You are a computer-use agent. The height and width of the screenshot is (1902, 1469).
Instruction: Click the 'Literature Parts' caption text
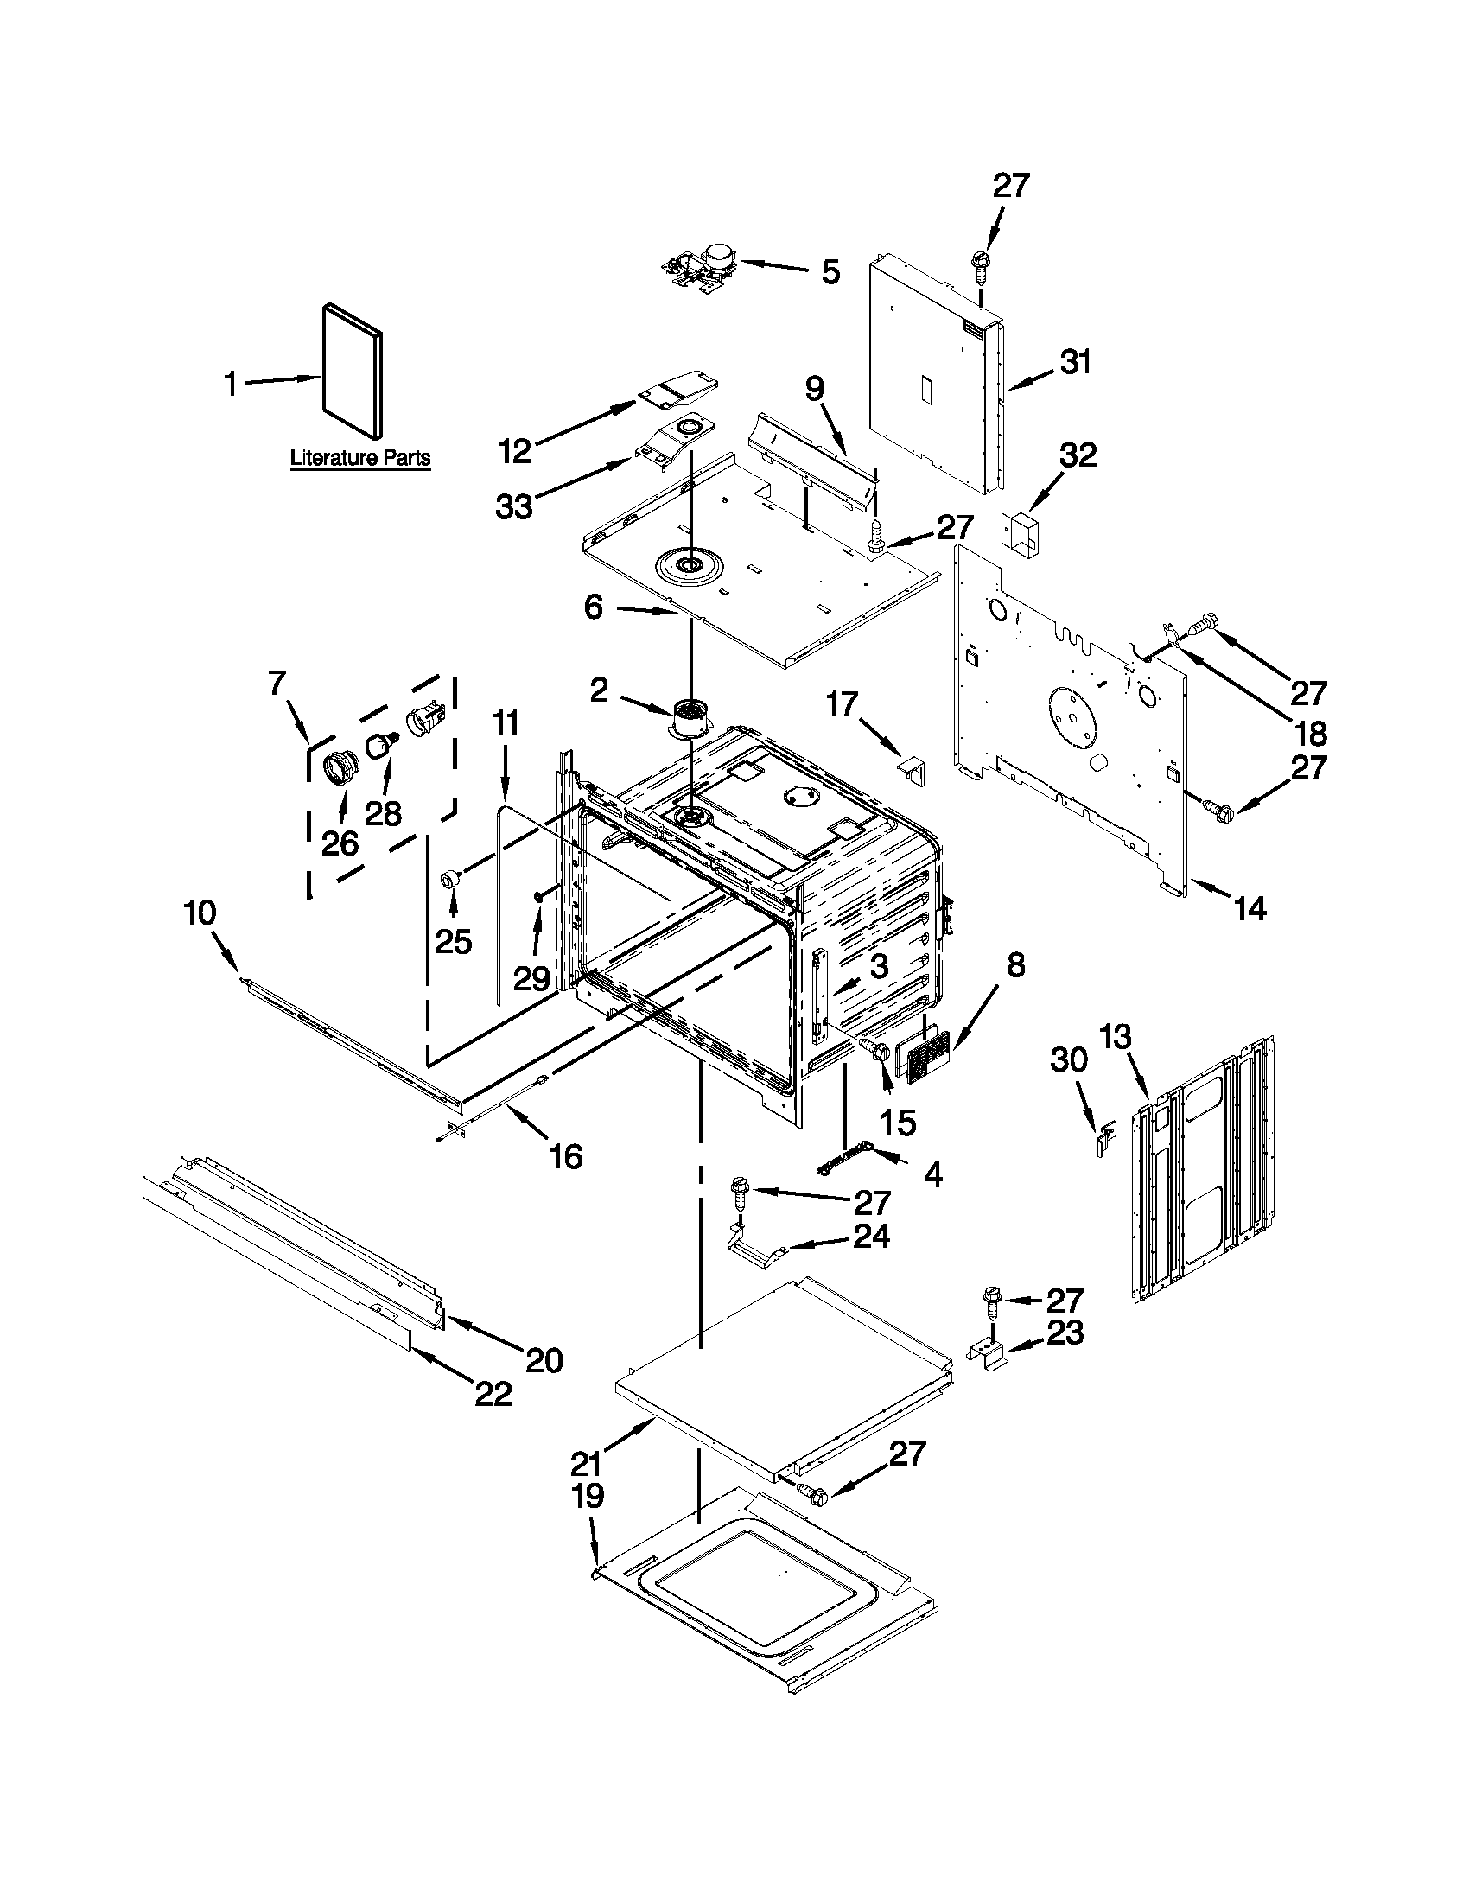pos(359,457)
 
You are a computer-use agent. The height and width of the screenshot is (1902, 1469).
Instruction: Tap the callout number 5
pos(830,272)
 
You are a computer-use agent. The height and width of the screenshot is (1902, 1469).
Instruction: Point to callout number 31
pos(1076,362)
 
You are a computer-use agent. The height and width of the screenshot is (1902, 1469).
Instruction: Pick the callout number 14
pos(1250,908)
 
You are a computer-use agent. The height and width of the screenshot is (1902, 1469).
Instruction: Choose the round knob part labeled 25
pos(452,879)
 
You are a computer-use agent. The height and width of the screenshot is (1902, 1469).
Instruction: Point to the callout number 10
pos(200,913)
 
